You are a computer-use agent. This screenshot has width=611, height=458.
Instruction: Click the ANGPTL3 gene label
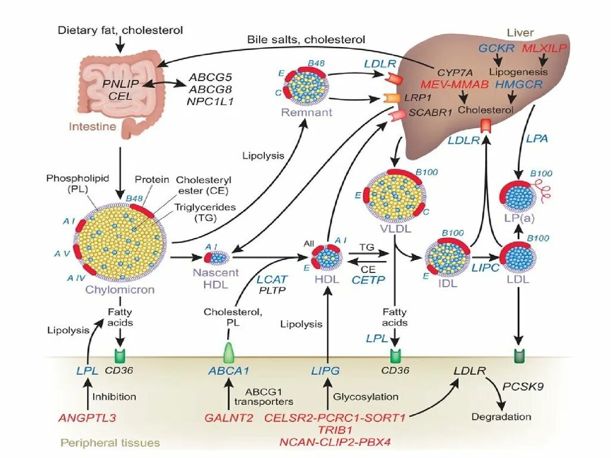[x=87, y=418]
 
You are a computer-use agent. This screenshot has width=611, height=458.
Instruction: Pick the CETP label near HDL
[x=369, y=279]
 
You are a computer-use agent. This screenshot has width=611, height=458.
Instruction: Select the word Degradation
[x=501, y=417]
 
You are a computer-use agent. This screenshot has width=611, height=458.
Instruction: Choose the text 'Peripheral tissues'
[x=110, y=442]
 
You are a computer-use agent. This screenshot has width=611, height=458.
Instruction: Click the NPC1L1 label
[x=211, y=101]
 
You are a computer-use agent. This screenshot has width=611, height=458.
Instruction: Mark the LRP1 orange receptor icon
[x=394, y=98]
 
